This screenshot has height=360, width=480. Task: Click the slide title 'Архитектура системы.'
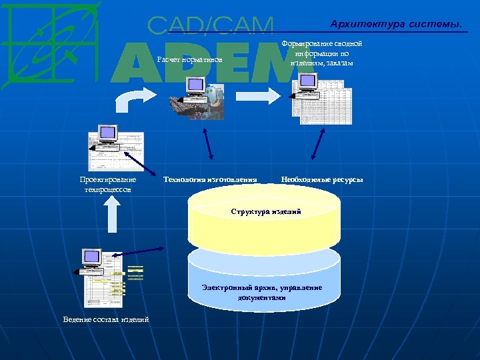coord(395,25)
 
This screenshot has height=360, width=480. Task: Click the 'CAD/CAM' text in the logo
coord(211,25)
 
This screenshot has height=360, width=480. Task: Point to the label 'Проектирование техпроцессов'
coord(108,185)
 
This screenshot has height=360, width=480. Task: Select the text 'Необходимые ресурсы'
coord(322,179)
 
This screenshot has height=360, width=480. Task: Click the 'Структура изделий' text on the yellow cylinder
coord(266,211)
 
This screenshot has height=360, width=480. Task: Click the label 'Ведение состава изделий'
coord(106,320)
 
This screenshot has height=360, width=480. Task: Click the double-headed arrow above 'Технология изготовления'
coord(207,143)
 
